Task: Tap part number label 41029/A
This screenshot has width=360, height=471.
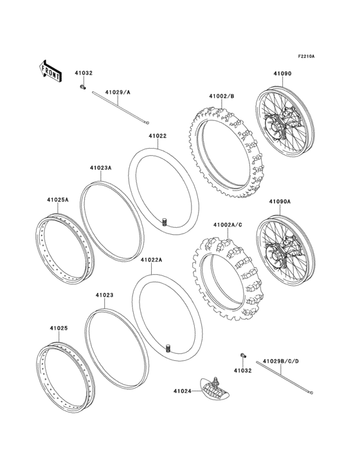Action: click(x=118, y=93)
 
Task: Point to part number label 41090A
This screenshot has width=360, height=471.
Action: click(x=280, y=201)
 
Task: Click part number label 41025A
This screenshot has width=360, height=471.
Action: click(x=57, y=199)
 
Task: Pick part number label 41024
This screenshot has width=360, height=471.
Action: click(x=182, y=390)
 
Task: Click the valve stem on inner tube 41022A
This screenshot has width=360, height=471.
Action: click(x=169, y=349)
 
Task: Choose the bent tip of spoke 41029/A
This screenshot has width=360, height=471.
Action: click(x=147, y=124)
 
